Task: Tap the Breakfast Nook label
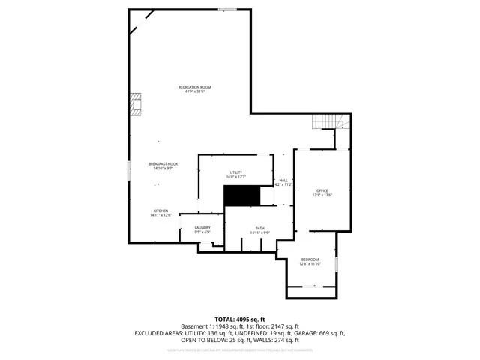(x=163, y=163)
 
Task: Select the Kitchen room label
(x=161, y=211)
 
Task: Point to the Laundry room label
(x=202, y=227)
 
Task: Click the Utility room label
(x=236, y=172)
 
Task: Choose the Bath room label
(x=259, y=228)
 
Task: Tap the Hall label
(x=283, y=180)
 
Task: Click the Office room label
(x=322, y=190)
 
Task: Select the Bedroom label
(x=310, y=259)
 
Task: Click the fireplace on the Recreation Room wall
(x=135, y=105)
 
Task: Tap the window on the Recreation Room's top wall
(x=228, y=10)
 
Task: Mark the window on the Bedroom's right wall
(x=337, y=263)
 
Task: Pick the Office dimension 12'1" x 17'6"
(x=322, y=196)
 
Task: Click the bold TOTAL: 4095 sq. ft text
(x=240, y=319)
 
